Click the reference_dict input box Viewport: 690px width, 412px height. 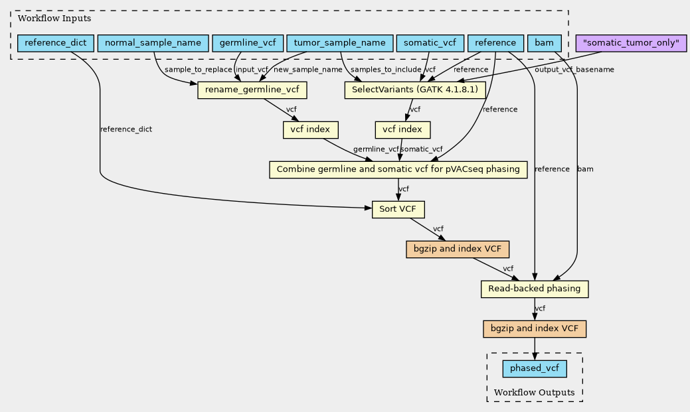click(x=55, y=43)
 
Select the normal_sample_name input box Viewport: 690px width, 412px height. click(x=153, y=43)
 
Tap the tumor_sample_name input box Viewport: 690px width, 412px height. click(x=339, y=43)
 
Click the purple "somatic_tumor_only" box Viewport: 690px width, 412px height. click(x=631, y=43)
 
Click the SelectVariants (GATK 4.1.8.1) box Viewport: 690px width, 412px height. click(x=415, y=90)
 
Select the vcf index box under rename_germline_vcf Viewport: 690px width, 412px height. click(x=311, y=129)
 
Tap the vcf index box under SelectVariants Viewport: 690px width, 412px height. click(x=403, y=129)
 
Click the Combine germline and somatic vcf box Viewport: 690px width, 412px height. click(x=398, y=169)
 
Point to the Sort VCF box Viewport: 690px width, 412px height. click(x=398, y=209)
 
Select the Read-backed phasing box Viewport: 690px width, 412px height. click(x=535, y=289)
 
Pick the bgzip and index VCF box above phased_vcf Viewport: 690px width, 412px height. click(x=535, y=328)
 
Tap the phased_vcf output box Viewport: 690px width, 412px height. click(x=535, y=368)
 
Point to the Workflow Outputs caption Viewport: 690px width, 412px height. click(x=535, y=393)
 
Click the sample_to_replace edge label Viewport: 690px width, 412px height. click(x=199, y=70)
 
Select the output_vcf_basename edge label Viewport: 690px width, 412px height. click(x=574, y=70)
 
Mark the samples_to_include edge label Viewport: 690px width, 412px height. click(x=386, y=70)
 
